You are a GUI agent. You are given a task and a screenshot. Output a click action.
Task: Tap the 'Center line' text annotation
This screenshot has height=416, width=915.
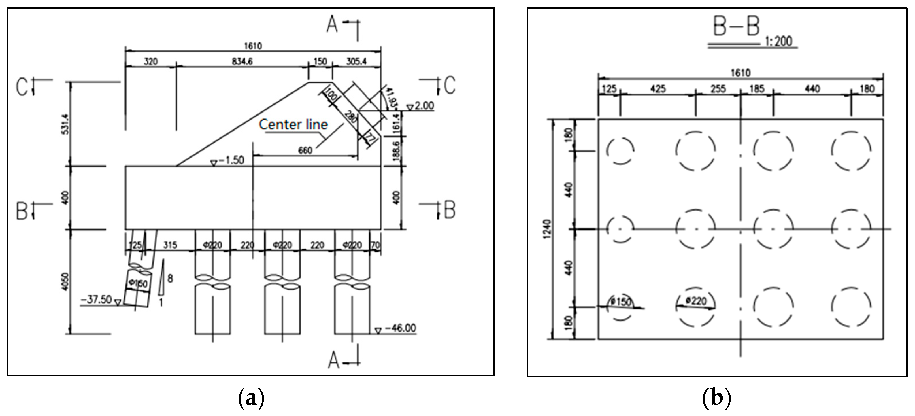pyautogui.click(x=293, y=124)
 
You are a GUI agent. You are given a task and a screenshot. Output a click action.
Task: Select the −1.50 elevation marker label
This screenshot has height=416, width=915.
pyautogui.click(x=231, y=160)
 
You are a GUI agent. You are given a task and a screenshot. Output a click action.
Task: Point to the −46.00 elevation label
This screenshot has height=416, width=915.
pyautogui.click(x=400, y=328)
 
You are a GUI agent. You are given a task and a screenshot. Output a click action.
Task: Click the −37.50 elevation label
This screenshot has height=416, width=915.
pyautogui.click(x=96, y=300)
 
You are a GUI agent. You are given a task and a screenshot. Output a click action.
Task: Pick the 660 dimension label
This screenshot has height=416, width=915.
pyautogui.click(x=305, y=150)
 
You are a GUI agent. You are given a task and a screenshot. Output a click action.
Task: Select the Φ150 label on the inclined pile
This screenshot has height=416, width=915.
pyautogui.click(x=138, y=283)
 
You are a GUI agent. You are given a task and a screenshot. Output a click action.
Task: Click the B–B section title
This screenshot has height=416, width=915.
pyautogui.click(x=736, y=27)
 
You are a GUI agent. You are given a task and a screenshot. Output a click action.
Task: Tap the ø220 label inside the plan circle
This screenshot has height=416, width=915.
pyautogui.click(x=696, y=301)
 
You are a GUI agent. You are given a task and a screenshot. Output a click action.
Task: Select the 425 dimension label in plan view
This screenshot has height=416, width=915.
pyautogui.click(x=658, y=89)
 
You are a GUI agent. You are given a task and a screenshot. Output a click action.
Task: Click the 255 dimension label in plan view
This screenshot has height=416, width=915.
pyautogui.click(x=718, y=89)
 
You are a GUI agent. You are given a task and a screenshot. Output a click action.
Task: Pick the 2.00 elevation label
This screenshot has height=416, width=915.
pyautogui.click(x=424, y=106)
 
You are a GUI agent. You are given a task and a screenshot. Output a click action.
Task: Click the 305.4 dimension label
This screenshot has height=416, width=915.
pyautogui.click(x=356, y=62)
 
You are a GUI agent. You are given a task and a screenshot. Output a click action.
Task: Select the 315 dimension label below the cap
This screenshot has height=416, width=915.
pyautogui.click(x=170, y=245)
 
